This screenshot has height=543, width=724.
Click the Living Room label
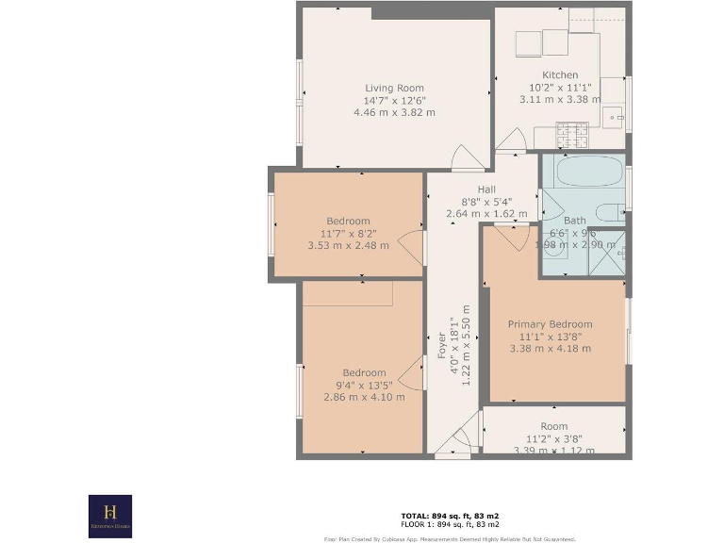click(x=394, y=89)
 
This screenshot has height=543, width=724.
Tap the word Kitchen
click(x=560, y=75)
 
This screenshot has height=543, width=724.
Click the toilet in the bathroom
click(x=610, y=211)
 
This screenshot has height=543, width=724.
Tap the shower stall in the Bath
click(x=608, y=253)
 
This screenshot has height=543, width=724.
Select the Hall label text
click(x=486, y=189)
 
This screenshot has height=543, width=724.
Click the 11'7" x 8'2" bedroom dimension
click(x=348, y=234)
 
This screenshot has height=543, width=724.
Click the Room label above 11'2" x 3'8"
click(x=554, y=426)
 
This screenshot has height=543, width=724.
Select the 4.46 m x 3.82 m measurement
click(x=394, y=113)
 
